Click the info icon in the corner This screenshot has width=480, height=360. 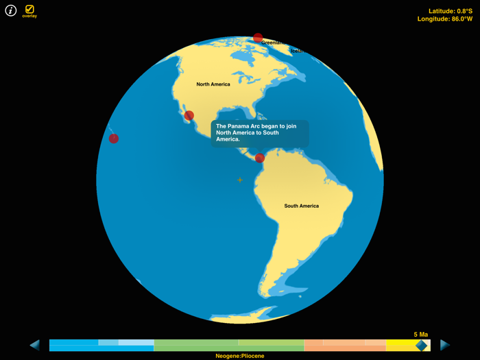coord(11,10)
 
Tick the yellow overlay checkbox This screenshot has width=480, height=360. coord(29,9)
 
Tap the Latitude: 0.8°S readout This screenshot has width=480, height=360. coord(450,11)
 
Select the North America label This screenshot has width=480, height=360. coord(213,84)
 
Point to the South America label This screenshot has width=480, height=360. coord(301,206)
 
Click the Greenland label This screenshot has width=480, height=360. coord(274,43)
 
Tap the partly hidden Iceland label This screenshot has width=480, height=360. coord(298,51)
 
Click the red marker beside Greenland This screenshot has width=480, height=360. coord(258,38)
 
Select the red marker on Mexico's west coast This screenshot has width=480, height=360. coord(189,115)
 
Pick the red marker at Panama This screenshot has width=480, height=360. coord(260,158)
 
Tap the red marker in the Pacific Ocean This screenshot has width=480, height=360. coord(114,139)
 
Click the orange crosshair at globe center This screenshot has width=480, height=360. coord(239,180)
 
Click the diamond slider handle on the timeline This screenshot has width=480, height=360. coord(421,345)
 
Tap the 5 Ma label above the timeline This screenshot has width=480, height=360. coord(420,335)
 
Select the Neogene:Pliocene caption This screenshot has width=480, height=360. coord(239,356)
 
